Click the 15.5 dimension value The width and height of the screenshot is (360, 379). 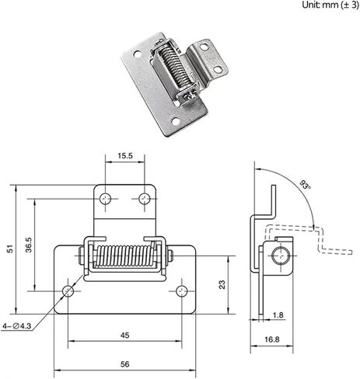click(125, 155)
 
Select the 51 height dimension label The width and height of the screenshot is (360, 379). click(10, 249)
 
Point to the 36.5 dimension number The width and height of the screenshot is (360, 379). click(29, 245)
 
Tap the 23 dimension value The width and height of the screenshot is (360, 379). click(222, 284)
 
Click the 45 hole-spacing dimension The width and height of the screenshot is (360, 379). click(124, 336)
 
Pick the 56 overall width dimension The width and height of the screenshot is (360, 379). click(124, 364)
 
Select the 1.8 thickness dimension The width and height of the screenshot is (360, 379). click(278, 315)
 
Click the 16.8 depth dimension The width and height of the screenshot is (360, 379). click(272, 339)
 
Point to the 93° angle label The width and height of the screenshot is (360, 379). click(306, 185)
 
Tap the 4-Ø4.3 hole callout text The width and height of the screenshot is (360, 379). click(17, 326)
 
